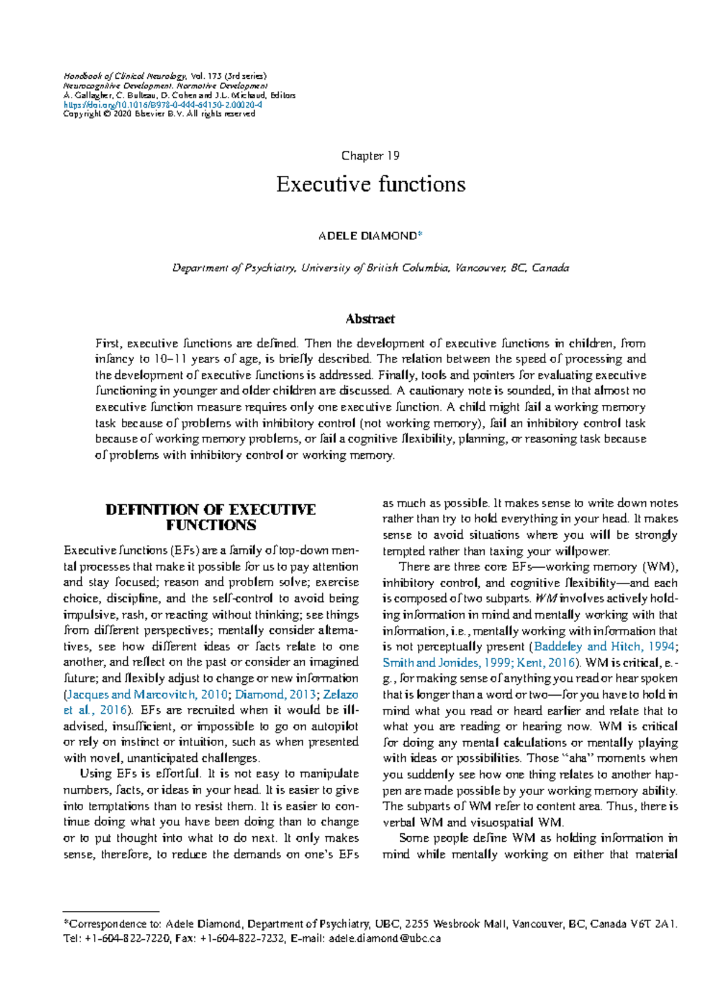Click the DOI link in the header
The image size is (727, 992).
point(162,105)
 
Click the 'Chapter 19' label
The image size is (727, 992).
point(370,156)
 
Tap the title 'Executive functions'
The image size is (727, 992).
point(371,184)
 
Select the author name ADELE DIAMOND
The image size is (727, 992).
point(367,236)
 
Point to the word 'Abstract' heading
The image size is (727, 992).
point(370,319)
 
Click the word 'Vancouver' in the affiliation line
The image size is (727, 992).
point(480,268)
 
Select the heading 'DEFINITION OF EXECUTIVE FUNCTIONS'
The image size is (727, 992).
point(211,517)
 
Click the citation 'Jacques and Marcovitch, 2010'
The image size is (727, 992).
point(147,694)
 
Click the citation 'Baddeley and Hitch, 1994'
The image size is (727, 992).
point(604,647)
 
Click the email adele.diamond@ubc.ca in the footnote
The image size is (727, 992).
point(384,939)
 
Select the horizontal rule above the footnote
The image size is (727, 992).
point(111,911)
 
